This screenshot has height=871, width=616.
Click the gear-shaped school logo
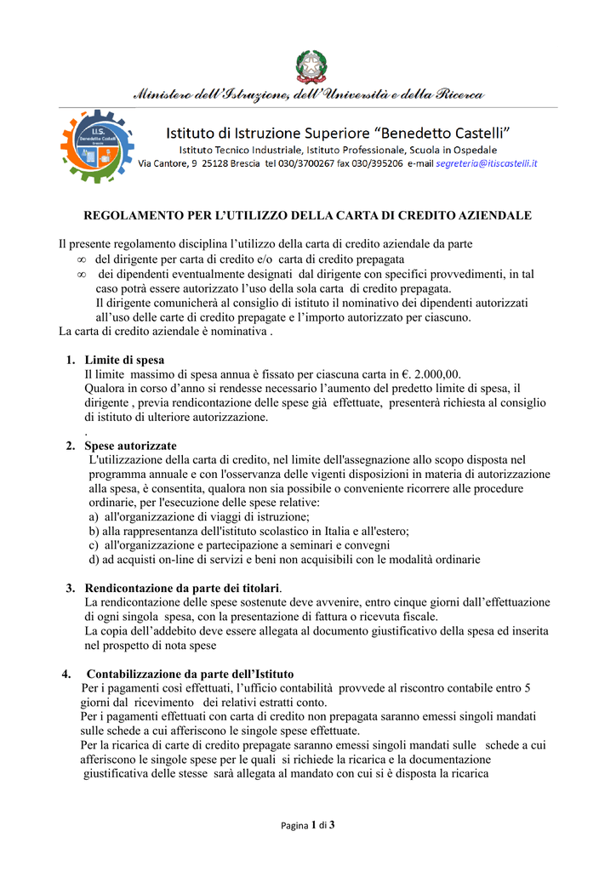coord(96,146)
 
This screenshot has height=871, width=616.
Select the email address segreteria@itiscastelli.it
coord(486,163)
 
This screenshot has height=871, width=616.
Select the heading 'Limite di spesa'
coord(124,360)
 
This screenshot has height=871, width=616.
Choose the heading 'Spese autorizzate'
coord(130,446)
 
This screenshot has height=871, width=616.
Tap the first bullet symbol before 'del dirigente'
coord(82,259)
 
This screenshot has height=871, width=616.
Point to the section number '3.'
coord(71,588)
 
